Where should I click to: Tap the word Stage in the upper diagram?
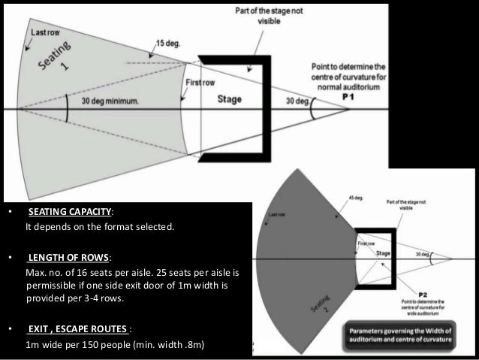[x=230, y=98]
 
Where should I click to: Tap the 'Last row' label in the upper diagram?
[x=42, y=33]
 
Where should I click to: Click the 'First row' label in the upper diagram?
[x=197, y=83]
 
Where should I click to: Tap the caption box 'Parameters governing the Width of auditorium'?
[x=408, y=331]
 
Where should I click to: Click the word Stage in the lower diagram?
[x=384, y=254]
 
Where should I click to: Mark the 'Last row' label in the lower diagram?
[x=276, y=215]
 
